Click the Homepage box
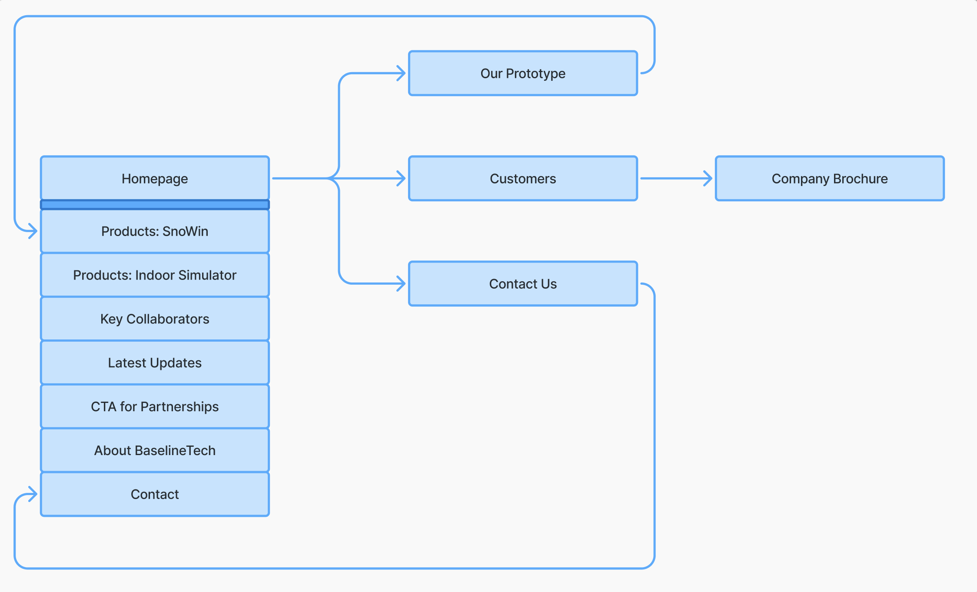click(x=155, y=178)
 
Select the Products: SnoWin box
click(x=155, y=231)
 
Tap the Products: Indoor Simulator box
click(x=155, y=275)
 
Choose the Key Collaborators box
click(x=155, y=319)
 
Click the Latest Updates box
click(x=155, y=363)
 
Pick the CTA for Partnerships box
click(x=155, y=406)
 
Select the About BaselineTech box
click(x=155, y=450)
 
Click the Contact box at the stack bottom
click(x=155, y=494)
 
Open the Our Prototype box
click(x=523, y=73)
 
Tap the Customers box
click(x=523, y=179)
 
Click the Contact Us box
click(x=523, y=284)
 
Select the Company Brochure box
click(x=829, y=179)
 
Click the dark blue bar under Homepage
click(x=155, y=205)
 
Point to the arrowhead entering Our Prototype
click(x=402, y=73)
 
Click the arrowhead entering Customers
click(x=402, y=178)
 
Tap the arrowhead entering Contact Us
click(x=402, y=283)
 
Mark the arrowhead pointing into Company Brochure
click(x=708, y=178)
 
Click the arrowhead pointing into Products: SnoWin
click(x=34, y=231)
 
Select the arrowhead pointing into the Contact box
click(x=34, y=494)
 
